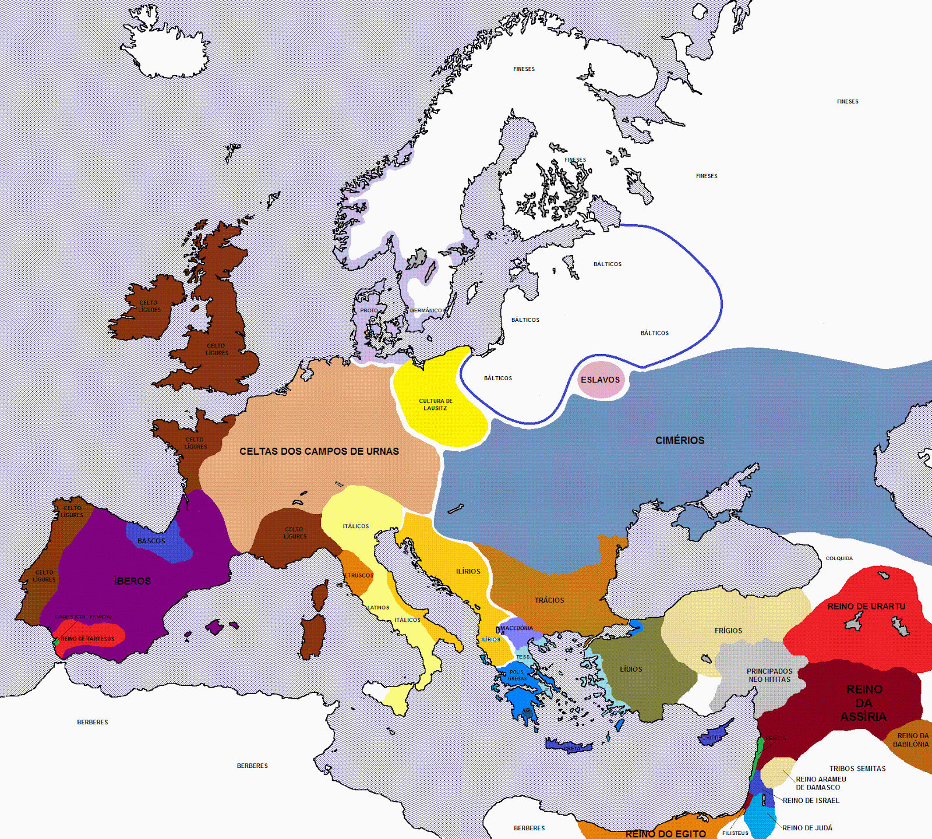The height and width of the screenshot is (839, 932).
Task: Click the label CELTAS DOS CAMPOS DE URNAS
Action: (x=319, y=451)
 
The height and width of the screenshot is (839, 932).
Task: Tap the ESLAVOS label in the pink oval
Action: (x=600, y=380)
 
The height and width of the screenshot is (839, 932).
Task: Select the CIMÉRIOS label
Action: (x=680, y=441)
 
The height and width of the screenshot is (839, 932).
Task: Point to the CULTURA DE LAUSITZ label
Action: (x=436, y=405)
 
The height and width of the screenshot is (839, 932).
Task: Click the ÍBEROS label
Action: (x=133, y=581)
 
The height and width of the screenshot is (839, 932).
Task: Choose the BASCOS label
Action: (x=151, y=541)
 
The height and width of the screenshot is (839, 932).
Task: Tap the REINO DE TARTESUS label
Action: (x=88, y=639)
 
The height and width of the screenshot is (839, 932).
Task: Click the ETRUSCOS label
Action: (x=359, y=575)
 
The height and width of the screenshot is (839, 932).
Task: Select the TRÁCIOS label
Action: (x=549, y=600)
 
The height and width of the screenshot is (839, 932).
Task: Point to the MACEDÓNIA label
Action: (x=517, y=628)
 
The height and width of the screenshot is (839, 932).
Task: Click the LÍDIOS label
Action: (x=631, y=670)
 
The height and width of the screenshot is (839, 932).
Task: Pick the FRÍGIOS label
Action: (x=728, y=631)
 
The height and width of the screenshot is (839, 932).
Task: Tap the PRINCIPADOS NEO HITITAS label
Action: (x=769, y=675)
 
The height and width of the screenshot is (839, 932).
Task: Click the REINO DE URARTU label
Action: (x=866, y=607)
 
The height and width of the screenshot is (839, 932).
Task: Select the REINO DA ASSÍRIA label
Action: (x=864, y=703)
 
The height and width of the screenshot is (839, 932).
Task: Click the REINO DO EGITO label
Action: (x=665, y=834)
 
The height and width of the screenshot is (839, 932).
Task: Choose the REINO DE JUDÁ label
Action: (x=807, y=828)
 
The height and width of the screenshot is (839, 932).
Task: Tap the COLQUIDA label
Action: (x=839, y=558)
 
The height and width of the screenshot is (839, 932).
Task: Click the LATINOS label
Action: (x=378, y=608)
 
